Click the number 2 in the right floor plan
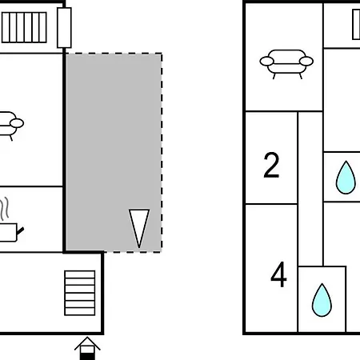coord(271,165)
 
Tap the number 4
coord(278,274)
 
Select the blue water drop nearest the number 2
coord(346,178)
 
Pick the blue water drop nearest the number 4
coord(322,300)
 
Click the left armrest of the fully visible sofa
coord(266,61)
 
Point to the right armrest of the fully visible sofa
coord(306,61)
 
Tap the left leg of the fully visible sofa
coord(274,76)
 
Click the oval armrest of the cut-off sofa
coord(17,123)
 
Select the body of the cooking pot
coord(8,233)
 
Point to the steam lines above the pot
coord(5,209)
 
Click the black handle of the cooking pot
coord(20,231)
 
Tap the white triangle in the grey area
coord(139,226)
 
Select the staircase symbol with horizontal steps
coord(80,293)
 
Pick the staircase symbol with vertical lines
coord(24,27)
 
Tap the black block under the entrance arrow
coord(87,357)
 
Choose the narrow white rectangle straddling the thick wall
coord(64,28)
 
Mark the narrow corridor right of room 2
coord(310,189)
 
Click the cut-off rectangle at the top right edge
coord(356,25)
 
